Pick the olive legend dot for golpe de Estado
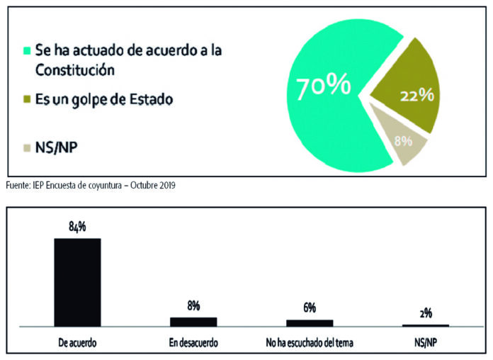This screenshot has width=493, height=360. tap(28, 99)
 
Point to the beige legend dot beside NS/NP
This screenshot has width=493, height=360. tap(28, 149)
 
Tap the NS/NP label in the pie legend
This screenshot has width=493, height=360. tap(57, 149)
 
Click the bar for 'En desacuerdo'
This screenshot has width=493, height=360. tap(193, 321)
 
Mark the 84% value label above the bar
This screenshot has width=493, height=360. tap(78, 227)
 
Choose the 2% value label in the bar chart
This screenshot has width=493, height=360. tap(425, 313)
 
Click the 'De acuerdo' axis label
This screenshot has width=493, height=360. tap(78, 342)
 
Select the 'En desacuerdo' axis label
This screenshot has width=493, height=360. tap(193, 342)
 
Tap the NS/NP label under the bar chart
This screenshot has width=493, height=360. tap(425, 342)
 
